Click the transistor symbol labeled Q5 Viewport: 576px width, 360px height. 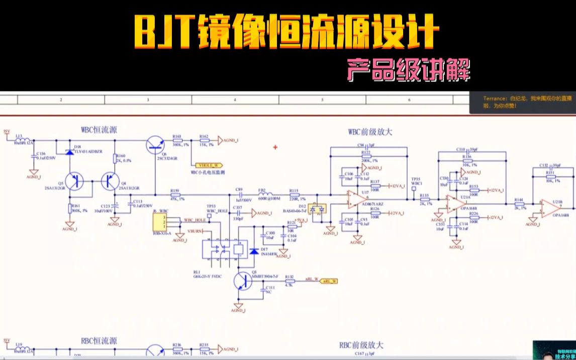pos(75,182)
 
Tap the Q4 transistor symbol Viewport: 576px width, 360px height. pos(110,182)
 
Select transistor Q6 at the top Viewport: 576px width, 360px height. pos(155,145)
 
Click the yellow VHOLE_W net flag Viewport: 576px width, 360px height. pos(207,164)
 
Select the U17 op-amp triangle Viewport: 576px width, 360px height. pos(354,200)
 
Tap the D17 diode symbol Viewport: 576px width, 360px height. pos(253,251)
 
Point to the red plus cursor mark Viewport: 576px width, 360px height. pos(275,147)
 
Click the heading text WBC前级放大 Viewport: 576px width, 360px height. pos(370,132)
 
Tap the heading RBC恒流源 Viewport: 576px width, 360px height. pos(99,341)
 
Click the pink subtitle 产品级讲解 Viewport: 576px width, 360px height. pos(408,70)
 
